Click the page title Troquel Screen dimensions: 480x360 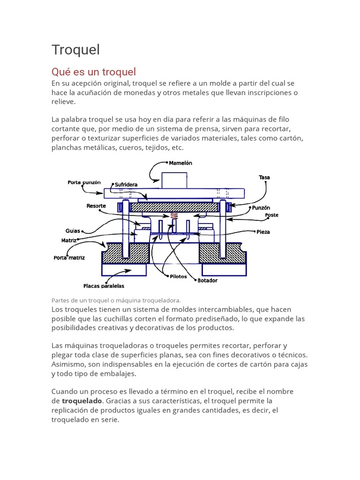point(75,50)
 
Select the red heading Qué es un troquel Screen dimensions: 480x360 point(93,72)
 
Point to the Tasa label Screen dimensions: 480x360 point(264,178)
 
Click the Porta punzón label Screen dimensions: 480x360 point(84,182)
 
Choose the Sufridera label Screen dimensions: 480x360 point(126,185)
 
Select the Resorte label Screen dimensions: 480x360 point(96,206)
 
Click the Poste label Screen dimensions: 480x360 point(271,215)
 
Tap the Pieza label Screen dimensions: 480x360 point(263,232)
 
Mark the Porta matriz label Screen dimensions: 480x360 point(69,258)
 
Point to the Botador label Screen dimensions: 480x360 point(208,280)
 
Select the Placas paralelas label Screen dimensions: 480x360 point(104,285)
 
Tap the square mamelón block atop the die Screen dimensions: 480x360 point(174,180)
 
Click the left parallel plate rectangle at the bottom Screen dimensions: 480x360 point(124,270)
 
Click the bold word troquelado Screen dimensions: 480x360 point(82,401)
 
